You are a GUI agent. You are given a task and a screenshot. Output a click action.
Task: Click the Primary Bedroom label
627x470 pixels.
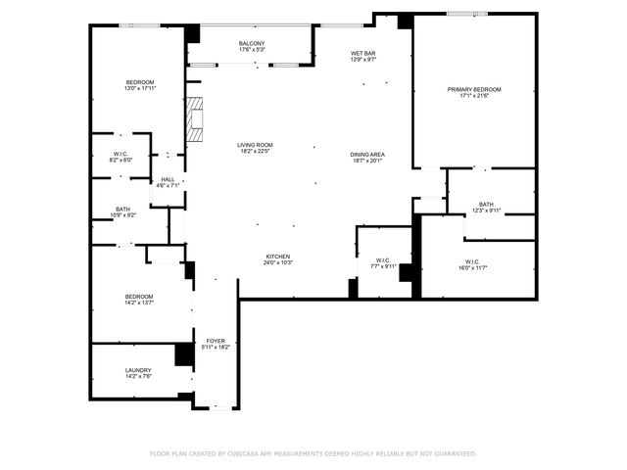click(x=474, y=89)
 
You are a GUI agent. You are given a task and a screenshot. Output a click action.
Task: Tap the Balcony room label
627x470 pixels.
click(x=253, y=44)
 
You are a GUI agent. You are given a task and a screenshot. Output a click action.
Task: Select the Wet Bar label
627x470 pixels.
click(x=363, y=53)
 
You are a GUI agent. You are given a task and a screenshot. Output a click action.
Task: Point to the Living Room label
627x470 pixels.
click(x=255, y=145)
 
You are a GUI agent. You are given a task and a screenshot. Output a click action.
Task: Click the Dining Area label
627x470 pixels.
click(x=367, y=155)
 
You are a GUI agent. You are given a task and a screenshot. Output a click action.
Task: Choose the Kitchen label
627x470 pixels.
click(x=277, y=257)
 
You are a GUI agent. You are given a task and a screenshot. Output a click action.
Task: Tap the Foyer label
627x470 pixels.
click(x=216, y=341)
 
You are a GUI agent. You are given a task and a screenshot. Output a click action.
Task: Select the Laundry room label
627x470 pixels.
click(x=137, y=370)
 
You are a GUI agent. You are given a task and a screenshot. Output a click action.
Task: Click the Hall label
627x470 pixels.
click(x=168, y=179)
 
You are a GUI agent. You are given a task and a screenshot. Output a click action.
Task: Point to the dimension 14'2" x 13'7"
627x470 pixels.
click(x=139, y=304)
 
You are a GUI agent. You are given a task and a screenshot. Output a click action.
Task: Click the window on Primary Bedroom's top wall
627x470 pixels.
click(x=468, y=14)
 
